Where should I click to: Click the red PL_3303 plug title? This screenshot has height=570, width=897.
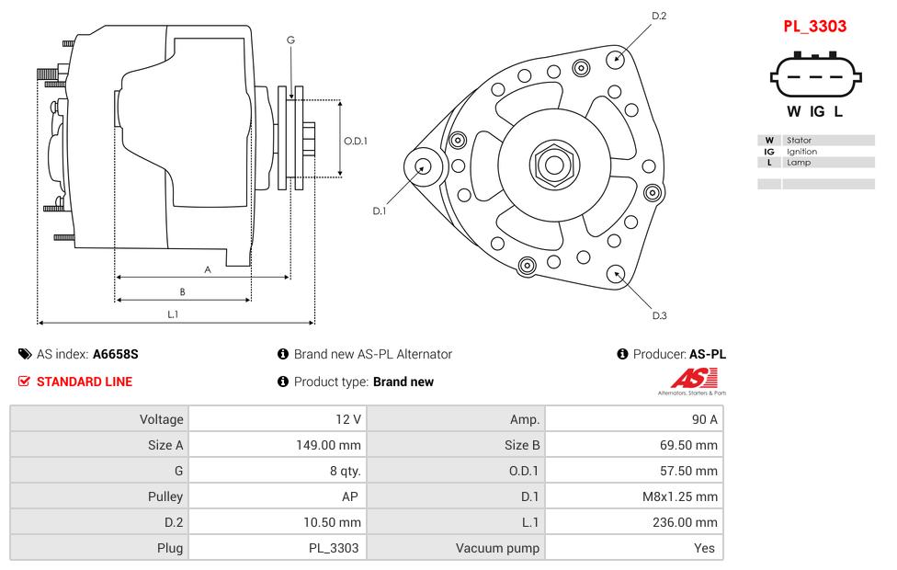click(x=814, y=26)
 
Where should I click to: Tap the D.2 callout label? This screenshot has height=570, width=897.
click(x=659, y=16)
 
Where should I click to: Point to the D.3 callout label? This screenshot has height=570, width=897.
click(x=659, y=316)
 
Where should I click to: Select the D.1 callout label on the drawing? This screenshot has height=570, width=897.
click(x=379, y=211)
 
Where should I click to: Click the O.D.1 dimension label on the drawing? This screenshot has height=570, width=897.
click(x=356, y=141)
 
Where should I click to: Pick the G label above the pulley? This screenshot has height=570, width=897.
click(x=290, y=40)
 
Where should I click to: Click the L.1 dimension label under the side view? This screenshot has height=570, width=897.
click(x=173, y=314)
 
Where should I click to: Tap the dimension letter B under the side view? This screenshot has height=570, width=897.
click(x=182, y=292)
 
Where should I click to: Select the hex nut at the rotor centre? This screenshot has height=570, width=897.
click(x=553, y=165)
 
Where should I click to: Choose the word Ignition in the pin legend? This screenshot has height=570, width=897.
click(x=801, y=152)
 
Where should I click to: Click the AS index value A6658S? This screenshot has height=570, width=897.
click(x=116, y=354)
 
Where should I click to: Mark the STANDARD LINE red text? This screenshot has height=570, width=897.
click(x=85, y=382)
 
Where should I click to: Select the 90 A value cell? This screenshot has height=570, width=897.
click(x=705, y=419)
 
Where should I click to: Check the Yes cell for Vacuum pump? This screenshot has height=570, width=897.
click(x=707, y=548)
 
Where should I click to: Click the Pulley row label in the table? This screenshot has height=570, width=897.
click(x=165, y=496)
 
